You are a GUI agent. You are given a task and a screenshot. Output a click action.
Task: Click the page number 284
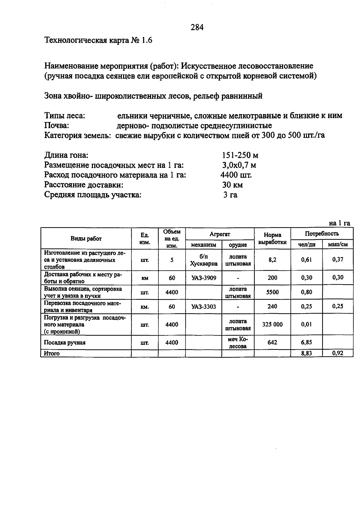point(197,28)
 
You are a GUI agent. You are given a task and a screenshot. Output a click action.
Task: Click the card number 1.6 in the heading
point(146,40)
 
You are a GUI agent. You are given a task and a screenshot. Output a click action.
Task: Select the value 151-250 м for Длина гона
point(240,155)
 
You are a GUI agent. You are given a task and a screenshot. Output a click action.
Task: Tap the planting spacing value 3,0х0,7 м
point(239,165)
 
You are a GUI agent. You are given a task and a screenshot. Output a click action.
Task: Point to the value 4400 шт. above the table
point(236,175)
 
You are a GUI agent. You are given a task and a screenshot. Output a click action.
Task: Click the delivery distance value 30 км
point(232,185)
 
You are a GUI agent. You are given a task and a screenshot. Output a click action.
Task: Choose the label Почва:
point(57,125)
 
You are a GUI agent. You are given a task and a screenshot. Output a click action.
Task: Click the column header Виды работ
point(86,239)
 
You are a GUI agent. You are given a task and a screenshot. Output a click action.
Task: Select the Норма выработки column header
point(272,238)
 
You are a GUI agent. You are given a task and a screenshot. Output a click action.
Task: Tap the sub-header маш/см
point(338,244)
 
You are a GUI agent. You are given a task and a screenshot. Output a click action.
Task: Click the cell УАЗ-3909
point(204,278)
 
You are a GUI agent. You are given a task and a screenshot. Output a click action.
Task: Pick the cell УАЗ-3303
point(204,307)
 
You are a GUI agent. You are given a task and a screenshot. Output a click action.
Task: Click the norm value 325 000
point(272,324)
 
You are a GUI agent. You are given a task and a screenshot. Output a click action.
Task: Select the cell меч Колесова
point(238,343)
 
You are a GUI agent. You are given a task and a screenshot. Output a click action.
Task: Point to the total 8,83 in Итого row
point(306,353)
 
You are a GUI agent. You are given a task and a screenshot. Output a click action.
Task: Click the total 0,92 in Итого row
point(338,353)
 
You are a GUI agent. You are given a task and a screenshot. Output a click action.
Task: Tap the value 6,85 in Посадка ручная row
point(306,342)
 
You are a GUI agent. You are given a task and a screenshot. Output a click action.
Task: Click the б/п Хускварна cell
point(204,260)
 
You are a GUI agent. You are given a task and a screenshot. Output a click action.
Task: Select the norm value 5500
point(272,292)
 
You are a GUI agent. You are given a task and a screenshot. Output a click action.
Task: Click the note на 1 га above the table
point(339,223)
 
